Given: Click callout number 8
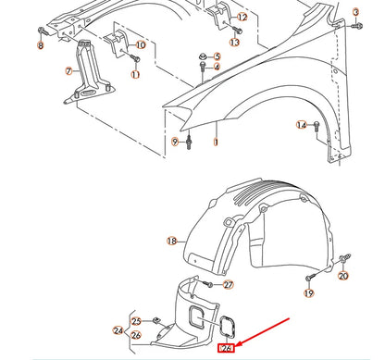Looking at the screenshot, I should pos(40,45).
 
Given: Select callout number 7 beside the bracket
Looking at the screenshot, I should pos(68,71).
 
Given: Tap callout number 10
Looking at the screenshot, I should pos(140,44).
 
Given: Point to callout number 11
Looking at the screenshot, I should pos(134,74).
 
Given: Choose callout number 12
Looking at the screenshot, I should pos(242,18).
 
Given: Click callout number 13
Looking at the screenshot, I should pos(234,43).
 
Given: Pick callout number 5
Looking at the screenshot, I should pos(216,57).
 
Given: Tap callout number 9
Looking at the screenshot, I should pos(174,141).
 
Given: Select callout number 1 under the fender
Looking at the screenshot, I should pos(216,143).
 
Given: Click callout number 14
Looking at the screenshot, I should pos(301,125).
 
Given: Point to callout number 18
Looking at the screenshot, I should pos(171,241).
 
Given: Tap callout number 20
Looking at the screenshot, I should pos(344,276).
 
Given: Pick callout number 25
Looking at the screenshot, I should pos(136,321).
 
